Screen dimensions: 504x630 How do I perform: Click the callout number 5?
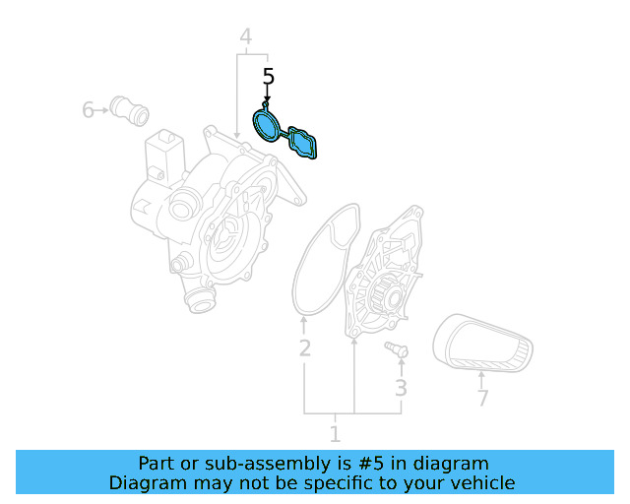coord(268,76)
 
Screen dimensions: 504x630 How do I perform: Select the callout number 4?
coord(246,37)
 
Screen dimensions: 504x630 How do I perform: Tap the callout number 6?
coord(89,109)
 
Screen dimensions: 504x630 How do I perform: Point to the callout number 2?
coord(305,347)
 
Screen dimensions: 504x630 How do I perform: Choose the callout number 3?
coord(401,388)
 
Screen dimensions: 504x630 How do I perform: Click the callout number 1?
coord(335,433)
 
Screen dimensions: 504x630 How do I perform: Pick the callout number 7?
coord(482,399)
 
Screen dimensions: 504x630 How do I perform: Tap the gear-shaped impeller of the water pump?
coord(384,294)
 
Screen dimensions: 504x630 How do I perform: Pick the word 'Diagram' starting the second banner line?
coord(146,483)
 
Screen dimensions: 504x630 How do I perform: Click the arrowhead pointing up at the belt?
coord(480,374)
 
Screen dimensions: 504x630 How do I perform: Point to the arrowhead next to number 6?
coord(102,109)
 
